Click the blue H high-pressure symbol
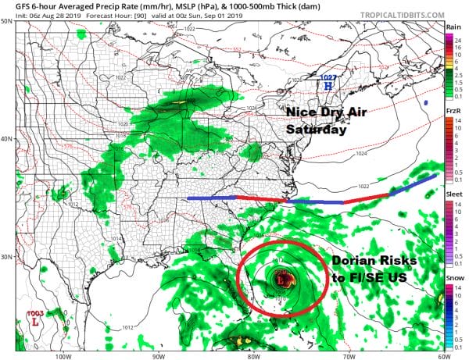click(x=328, y=85)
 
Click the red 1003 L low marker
click(x=36, y=319)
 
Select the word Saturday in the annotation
click(x=316, y=130)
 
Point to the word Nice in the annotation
click(x=301, y=113)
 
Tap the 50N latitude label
click(x=6, y=21)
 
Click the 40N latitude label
click(x=6, y=139)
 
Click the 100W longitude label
click(x=64, y=355)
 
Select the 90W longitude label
click(x=158, y=355)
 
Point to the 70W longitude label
click(x=347, y=355)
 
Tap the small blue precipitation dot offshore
click(x=427, y=102)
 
